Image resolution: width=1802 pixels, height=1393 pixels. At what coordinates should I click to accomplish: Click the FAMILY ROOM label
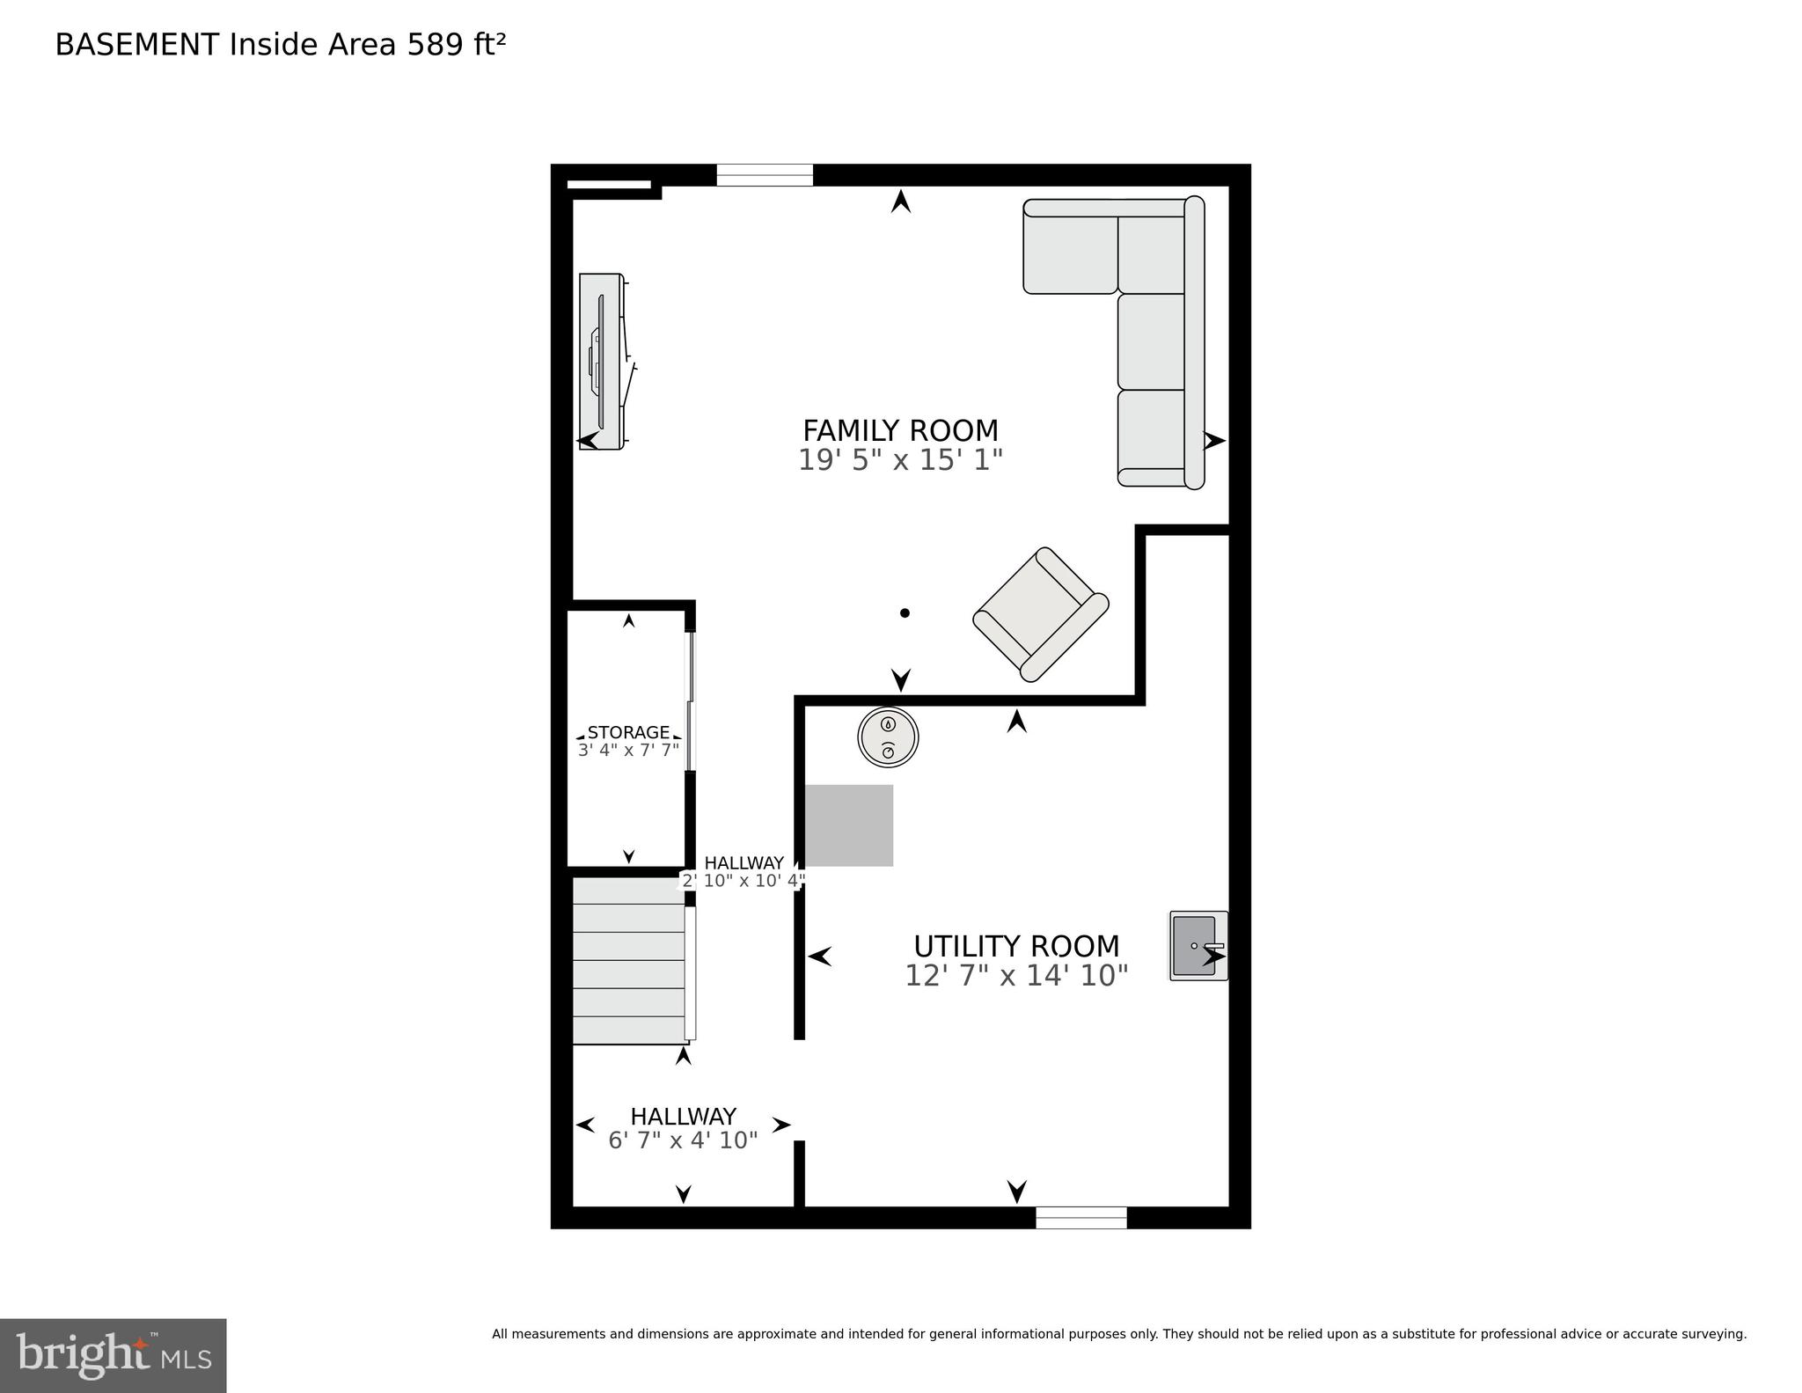(x=900, y=430)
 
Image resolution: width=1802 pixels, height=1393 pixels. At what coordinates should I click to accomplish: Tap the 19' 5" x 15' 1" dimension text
(x=900, y=460)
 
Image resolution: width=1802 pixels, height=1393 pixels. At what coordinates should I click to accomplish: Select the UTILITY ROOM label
(x=1016, y=946)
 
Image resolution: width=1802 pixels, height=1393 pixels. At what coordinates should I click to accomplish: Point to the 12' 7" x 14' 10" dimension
(x=1016, y=975)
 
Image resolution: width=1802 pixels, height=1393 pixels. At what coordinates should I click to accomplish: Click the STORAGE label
(x=628, y=732)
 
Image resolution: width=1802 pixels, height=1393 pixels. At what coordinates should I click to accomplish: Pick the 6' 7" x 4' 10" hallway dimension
(x=683, y=1140)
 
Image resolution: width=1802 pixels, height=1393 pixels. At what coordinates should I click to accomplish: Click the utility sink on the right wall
(x=1198, y=946)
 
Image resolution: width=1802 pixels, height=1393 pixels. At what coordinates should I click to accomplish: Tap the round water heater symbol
(x=888, y=737)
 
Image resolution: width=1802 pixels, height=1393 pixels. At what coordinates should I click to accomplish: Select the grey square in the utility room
(x=849, y=825)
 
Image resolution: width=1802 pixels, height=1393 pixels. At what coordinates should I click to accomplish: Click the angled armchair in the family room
(x=1041, y=613)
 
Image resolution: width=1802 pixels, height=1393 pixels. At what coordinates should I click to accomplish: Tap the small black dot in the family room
(x=905, y=613)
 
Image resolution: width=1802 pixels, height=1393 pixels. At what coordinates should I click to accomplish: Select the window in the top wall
(x=765, y=175)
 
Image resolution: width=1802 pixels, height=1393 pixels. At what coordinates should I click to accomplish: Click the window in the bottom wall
(x=1080, y=1217)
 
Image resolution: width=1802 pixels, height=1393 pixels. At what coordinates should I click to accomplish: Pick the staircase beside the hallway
(x=628, y=960)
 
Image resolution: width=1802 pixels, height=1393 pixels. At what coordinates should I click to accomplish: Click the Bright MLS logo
(x=113, y=1355)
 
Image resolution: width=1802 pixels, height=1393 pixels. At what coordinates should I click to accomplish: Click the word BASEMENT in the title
(x=136, y=45)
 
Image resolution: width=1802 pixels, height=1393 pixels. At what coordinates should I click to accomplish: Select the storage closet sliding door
(x=691, y=701)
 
